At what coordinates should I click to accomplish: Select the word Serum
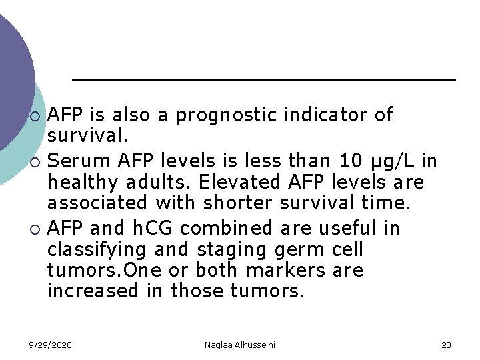point(79,161)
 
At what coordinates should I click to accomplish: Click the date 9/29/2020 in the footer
point(50,345)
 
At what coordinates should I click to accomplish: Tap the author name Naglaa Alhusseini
point(240,345)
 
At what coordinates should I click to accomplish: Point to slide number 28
point(446,345)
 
